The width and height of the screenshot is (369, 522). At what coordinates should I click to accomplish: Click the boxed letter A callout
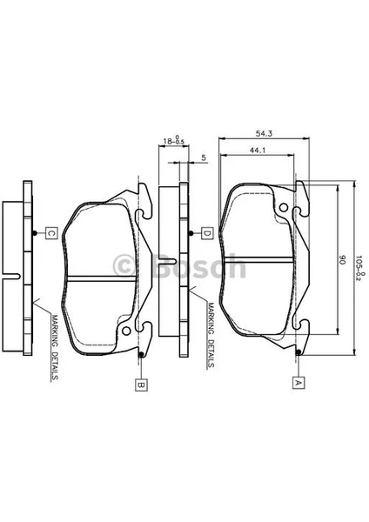pos(299,383)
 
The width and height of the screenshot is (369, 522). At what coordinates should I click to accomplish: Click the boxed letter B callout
pos(141,385)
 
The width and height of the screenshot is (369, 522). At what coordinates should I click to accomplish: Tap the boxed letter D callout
pos(207,233)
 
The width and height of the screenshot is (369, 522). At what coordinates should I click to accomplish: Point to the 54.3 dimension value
pos(264,134)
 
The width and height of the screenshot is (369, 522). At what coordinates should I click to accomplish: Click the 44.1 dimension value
pos(258,151)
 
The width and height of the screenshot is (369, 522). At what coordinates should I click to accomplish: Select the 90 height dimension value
pos(342,259)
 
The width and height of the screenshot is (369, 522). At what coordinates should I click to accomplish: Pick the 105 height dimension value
pos(359,264)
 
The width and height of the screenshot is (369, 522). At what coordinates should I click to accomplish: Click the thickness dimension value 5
pos(204,157)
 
